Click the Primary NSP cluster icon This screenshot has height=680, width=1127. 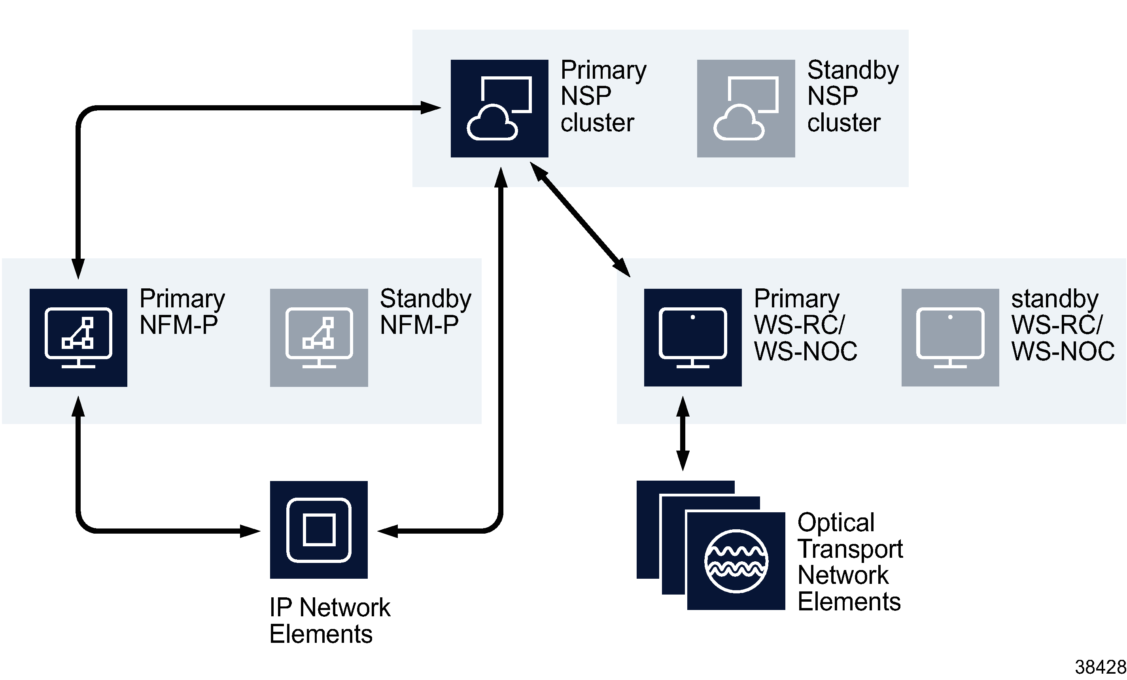coord(499,108)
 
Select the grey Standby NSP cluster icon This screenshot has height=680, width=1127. coord(745,108)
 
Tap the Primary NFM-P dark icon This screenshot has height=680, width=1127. coord(78,338)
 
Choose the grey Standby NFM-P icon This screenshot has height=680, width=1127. coord(319,338)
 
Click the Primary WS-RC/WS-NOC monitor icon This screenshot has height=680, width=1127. coord(692,338)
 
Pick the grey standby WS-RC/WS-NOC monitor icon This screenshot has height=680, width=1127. coord(950,338)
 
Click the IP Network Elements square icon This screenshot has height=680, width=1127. coord(318,529)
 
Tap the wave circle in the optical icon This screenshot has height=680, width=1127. coord(736,561)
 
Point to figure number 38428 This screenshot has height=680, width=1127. coord(1100,667)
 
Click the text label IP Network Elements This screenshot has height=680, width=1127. coord(329,621)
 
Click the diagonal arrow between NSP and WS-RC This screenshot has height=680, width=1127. coord(580,220)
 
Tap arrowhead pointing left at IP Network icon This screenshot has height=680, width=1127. coord(388,531)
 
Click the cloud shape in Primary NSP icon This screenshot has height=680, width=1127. coord(492,123)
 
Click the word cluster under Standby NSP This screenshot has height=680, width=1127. coord(843,123)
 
